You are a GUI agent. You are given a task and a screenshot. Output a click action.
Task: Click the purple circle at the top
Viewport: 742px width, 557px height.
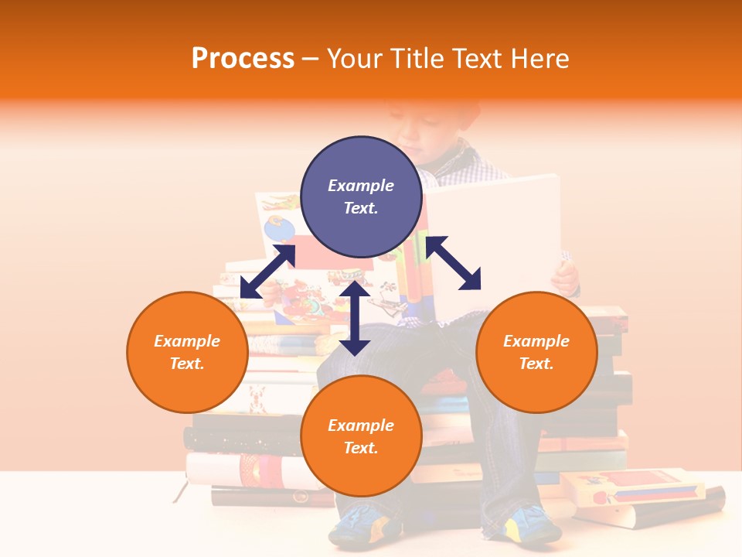click(x=361, y=196)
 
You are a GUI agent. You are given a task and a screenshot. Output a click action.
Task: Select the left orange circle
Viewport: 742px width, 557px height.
click(x=187, y=352)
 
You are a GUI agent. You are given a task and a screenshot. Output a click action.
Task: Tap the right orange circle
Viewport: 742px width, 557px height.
click(x=536, y=352)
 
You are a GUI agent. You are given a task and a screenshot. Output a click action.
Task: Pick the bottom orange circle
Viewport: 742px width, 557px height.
click(x=361, y=436)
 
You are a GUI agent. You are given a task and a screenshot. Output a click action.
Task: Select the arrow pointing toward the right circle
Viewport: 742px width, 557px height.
click(x=453, y=263)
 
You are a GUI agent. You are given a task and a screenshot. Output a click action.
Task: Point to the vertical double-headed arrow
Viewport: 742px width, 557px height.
click(x=355, y=318)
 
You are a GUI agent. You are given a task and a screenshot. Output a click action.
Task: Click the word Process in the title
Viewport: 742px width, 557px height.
click(x=243, y=58)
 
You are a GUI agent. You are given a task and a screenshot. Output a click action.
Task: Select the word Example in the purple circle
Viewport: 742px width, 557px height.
click(x=361, y=186)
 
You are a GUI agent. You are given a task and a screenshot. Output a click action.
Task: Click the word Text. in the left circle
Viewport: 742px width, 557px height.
click(x=187, y=364)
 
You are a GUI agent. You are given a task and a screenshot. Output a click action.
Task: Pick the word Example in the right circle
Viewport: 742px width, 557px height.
click(x=536, y=341)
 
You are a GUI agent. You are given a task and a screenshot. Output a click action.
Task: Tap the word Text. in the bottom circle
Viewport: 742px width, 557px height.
click(x=361, y=448)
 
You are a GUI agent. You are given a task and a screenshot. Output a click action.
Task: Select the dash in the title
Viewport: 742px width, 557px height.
click(x=311, y=58)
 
